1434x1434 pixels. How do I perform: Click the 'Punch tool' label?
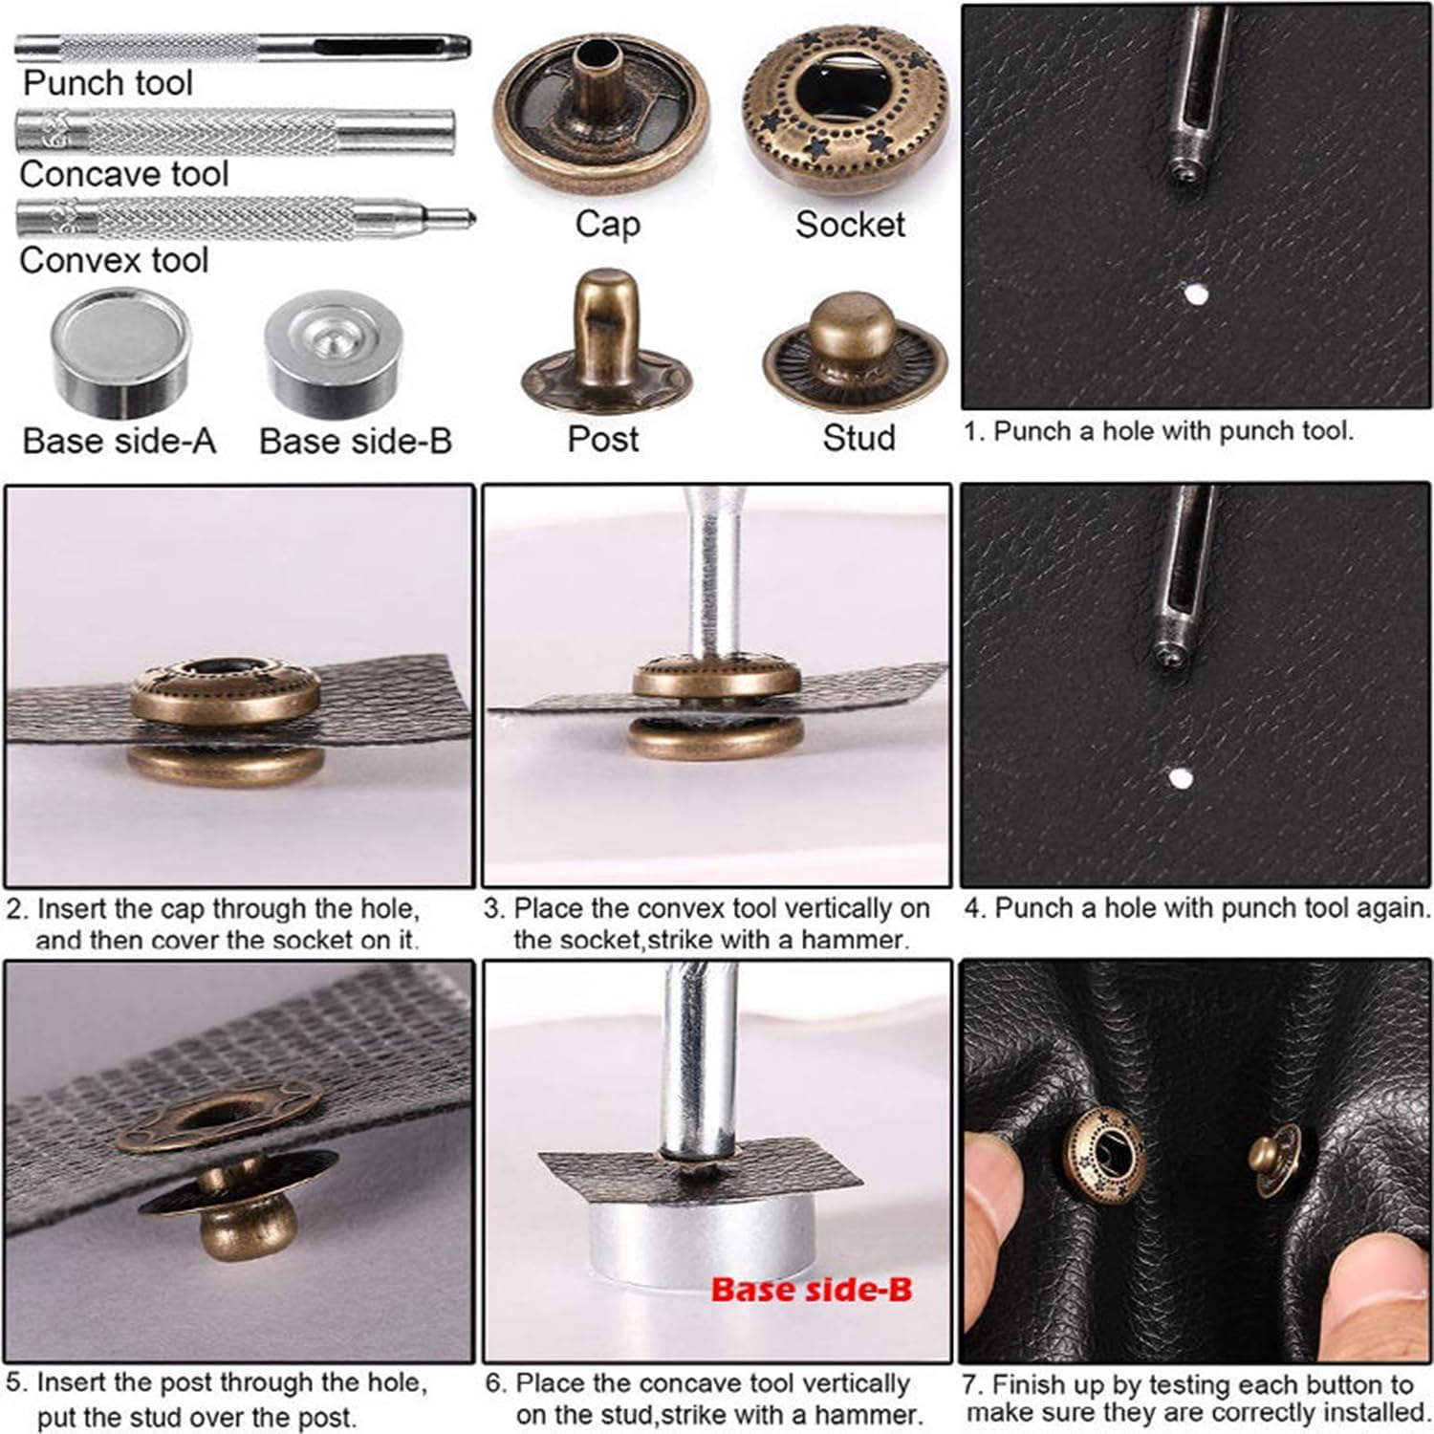[x=107, y=83]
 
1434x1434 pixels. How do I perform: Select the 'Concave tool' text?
[x=123, y=174]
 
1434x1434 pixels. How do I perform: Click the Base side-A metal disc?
[x=119, y=354]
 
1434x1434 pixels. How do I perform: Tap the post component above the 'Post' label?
[x=605, y=344]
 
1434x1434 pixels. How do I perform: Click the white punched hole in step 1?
[x=1194, y=293]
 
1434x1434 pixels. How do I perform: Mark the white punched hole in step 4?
[x=1181, y=777]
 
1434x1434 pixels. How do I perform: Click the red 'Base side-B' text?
[x=811, y=1289]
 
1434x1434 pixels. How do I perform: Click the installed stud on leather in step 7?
[x=1274, y=1159]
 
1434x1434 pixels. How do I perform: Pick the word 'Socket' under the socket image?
[x=849, y=225]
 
